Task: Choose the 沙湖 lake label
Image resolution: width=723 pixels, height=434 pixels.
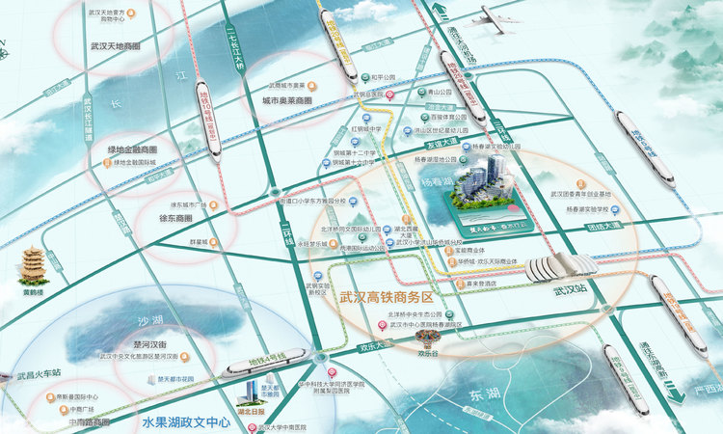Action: click(150, 320)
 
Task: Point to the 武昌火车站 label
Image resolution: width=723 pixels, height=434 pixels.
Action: click(39, 372)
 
